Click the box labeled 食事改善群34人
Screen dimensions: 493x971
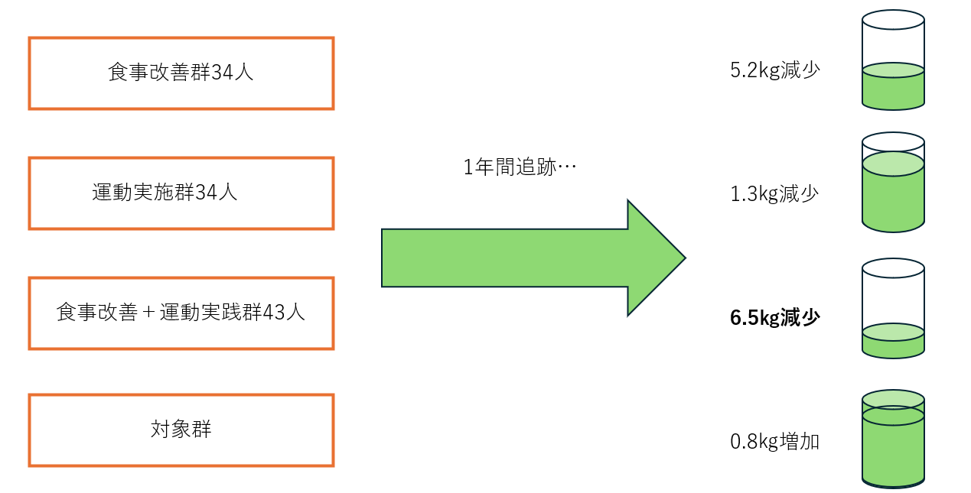coord(181,73)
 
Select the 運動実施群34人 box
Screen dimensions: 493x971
coord(181,193)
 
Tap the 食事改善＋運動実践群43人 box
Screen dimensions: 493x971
coord(181,313)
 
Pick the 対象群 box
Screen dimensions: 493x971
coord(181,430)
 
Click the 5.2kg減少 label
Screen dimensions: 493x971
coord(774,71)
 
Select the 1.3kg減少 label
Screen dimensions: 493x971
coord(774,194)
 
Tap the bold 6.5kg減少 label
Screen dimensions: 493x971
coord(774,318)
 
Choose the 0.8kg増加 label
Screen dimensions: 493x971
coord(774,442)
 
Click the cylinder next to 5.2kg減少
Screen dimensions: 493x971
coord(893,60)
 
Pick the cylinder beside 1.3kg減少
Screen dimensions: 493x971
coord(893,183)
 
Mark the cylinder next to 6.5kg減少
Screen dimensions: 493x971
coord(893,308)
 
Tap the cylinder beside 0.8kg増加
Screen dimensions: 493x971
coord(893,439)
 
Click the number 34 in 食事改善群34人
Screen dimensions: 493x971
coord(225,73)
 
